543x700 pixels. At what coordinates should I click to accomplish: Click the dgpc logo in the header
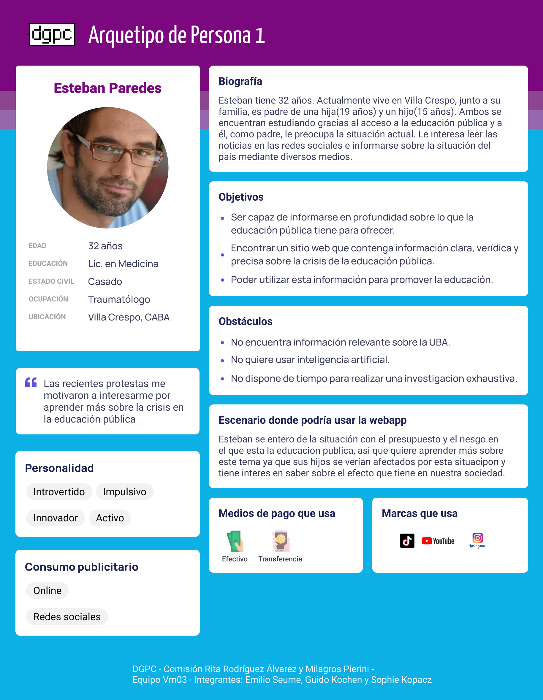(52, 35)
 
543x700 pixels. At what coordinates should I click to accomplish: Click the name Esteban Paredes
(107, 88)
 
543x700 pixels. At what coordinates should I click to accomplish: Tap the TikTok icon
(407, 541)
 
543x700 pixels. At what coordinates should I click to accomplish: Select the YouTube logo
(438, 541)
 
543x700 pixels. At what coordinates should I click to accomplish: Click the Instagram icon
(477, 540)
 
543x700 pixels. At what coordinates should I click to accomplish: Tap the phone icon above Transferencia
(281, 541)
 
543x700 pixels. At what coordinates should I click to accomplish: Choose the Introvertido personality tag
(59, 492)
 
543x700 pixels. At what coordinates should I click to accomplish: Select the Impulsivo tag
(124, 492)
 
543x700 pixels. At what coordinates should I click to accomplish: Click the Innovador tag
(56, 518)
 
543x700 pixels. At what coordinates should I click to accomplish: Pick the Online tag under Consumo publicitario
(48, 591)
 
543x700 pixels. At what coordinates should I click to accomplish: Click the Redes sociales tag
(67, 617)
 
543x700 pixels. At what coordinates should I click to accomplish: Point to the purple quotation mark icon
(31, 383)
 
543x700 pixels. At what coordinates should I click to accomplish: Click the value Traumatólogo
(119, 299)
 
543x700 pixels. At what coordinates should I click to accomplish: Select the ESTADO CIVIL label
(51, 281)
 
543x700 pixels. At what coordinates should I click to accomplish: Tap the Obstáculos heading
(245, 321)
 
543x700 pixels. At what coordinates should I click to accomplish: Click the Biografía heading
(240, 81)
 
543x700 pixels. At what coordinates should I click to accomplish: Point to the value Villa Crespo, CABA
(129, 317)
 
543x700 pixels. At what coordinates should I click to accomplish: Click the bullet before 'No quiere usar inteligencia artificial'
(222, 361)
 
